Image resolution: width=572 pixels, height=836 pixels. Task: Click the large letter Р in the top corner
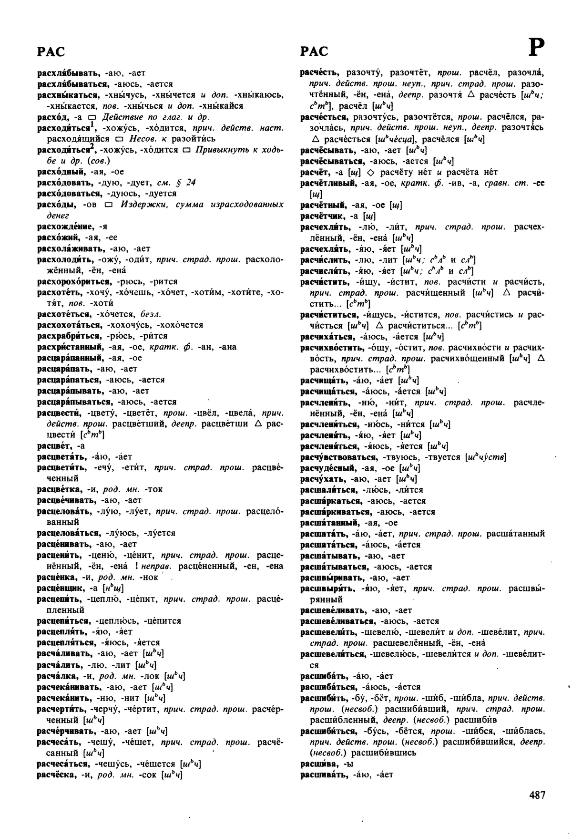tap(536, 47)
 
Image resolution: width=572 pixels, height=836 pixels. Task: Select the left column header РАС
tap(51, 52)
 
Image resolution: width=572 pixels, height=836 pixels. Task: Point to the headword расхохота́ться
tap(70, 325)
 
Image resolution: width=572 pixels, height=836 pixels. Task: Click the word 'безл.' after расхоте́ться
tap(151, 314)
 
